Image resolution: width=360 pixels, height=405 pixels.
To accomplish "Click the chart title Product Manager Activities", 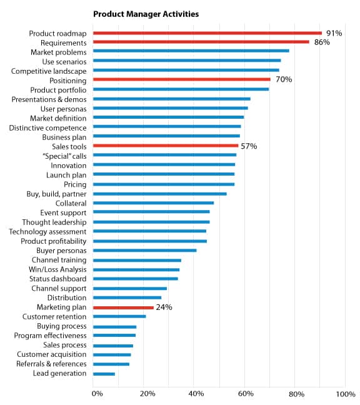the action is (146, 14).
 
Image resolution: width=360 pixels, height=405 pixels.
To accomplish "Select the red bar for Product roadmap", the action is (207, 33).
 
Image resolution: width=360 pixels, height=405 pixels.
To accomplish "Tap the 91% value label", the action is (334, 33).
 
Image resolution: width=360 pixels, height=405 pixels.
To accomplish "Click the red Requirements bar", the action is (201, 42).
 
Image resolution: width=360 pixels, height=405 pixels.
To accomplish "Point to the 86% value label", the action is (322, 42).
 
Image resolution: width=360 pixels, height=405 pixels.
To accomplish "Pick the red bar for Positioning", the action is (182, 79).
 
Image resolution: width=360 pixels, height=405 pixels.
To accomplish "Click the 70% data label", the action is (284, 79).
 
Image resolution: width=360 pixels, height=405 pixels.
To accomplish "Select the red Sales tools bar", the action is (166, 146).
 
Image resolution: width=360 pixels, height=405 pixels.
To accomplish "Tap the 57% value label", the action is (249, 146).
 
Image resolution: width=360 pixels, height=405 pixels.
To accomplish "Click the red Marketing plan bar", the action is (123, 307).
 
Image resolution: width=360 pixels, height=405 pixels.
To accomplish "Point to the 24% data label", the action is (164, 307).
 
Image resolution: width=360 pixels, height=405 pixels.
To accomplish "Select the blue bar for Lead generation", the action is (104, 374).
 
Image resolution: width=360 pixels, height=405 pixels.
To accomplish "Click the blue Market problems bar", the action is (191, 51).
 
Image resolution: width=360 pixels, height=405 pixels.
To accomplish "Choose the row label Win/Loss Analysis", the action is (57, 269).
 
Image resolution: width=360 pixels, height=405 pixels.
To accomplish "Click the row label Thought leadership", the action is (54, 222).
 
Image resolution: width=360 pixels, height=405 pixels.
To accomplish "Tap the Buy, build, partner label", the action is (56, 194).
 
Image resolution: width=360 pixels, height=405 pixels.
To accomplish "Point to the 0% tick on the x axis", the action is (97, 394).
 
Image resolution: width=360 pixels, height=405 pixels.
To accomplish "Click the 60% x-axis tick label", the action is (246, 394).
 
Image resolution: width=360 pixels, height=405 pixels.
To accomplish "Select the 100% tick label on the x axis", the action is (346, 394).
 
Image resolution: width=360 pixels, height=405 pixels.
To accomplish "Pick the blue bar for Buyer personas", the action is (145, 250).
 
